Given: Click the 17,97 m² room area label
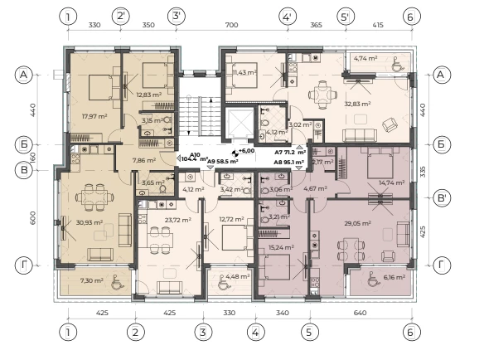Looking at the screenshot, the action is point(94,116).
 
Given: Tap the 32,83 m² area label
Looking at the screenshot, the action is point(357,104).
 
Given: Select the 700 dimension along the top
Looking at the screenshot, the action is point(231,25).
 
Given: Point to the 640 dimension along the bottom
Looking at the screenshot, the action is point(360,313).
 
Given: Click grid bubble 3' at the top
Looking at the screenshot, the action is point(177,16).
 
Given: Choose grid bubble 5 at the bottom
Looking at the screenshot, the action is point(310,332).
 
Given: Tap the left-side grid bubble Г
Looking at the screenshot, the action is point(24,265).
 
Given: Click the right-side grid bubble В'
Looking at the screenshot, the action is point(442,197).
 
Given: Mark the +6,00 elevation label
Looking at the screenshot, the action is point(246,151).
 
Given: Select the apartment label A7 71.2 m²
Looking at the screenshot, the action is point(290,153).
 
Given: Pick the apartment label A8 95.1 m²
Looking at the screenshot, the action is point(289,162).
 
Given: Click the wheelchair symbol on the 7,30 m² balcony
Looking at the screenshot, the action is point(116,282).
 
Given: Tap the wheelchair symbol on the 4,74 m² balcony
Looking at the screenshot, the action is point(396,64).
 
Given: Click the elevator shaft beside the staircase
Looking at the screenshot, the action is point(240,124).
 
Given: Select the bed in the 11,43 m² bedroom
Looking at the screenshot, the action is point(241,75).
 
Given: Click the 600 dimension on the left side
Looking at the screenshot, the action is point(32,217).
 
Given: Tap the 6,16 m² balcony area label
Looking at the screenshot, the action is point(394,277).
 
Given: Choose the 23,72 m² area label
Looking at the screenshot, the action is point(178,220).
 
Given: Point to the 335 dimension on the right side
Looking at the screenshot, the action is point(423,172).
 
